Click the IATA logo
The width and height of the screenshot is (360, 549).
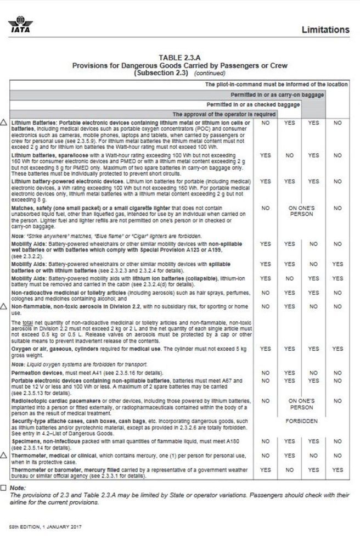[21, 25]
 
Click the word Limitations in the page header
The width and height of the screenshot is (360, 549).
[325, 30]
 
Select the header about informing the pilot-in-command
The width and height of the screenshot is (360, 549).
[276, 85]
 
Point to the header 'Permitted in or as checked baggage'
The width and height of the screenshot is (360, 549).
[253, 104]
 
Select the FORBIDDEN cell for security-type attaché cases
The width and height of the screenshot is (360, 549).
[301, 422]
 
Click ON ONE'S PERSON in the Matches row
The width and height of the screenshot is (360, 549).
[301, 211]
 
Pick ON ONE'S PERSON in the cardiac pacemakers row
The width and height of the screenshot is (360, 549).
[301, 404]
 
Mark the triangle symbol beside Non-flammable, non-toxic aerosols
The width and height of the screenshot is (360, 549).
[5, 307]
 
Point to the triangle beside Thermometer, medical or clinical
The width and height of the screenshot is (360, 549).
[5, 456]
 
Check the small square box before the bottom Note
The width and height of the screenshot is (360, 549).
[4, 488]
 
